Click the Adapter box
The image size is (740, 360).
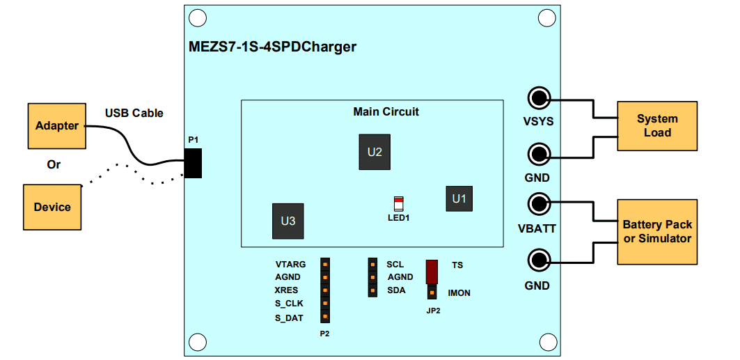pyautogui.click(x=57, y=126)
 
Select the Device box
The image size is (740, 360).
pyautogui.click(x=52, y=207)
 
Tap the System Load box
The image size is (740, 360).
pyautogui.click(x=656, y=126)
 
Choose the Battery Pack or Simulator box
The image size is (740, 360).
pyautogui.click(x=656, y=232)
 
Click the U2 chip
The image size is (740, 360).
pyautogui.click(x=375, y=152)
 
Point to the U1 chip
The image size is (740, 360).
pyautogui.click(x=459, y=199)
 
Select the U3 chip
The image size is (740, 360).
pyautogui.click(x=288, y=221)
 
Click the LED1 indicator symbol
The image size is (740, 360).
pyautogui.click(x=398, y=204)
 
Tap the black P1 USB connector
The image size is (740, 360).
pyautogui.click(x=193, y=163)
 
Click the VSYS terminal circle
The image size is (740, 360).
pyautogui.click(x=538, y=97)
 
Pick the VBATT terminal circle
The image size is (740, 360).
pyautogui.click(x=538, y=204)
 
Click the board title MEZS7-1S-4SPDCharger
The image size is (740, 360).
pyautogui.click(x=273, y=47)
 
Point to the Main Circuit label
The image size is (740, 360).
pyautogui.click(x=386, y=111)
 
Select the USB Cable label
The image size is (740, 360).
pyautogui.click(x=134, y=113)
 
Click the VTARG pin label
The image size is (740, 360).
pyautogui.click(x=290, y=265)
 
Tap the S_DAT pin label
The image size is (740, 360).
pyautogui.click(x=289, y=318)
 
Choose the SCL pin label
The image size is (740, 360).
pyautogui.click(x=395, y=265)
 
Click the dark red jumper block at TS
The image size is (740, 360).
pyautogui.click(x=432, y=270)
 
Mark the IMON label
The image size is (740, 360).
pyautogui.click(x=459, y=293)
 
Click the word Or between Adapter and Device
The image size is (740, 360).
pyautogui.click(x=54, y=165)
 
